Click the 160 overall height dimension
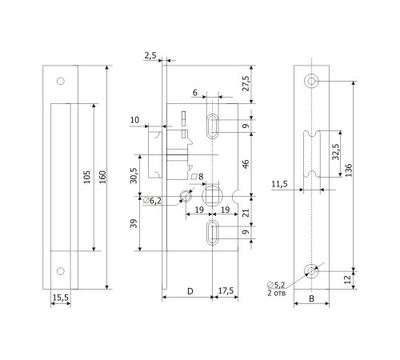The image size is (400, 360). coord(102,177)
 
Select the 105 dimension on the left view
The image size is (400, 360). coord(87,177)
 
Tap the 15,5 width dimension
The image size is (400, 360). coord(61,298)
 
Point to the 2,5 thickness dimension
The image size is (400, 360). coord(150,56)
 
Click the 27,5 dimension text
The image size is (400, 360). coord(246,83)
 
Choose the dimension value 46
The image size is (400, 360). coord(246,164)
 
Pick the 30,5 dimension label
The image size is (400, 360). coord(134,175)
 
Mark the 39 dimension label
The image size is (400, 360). coord(134,223)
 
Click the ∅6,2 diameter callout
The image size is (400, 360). coord(152,201)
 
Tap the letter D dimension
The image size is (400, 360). coord(190,291)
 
